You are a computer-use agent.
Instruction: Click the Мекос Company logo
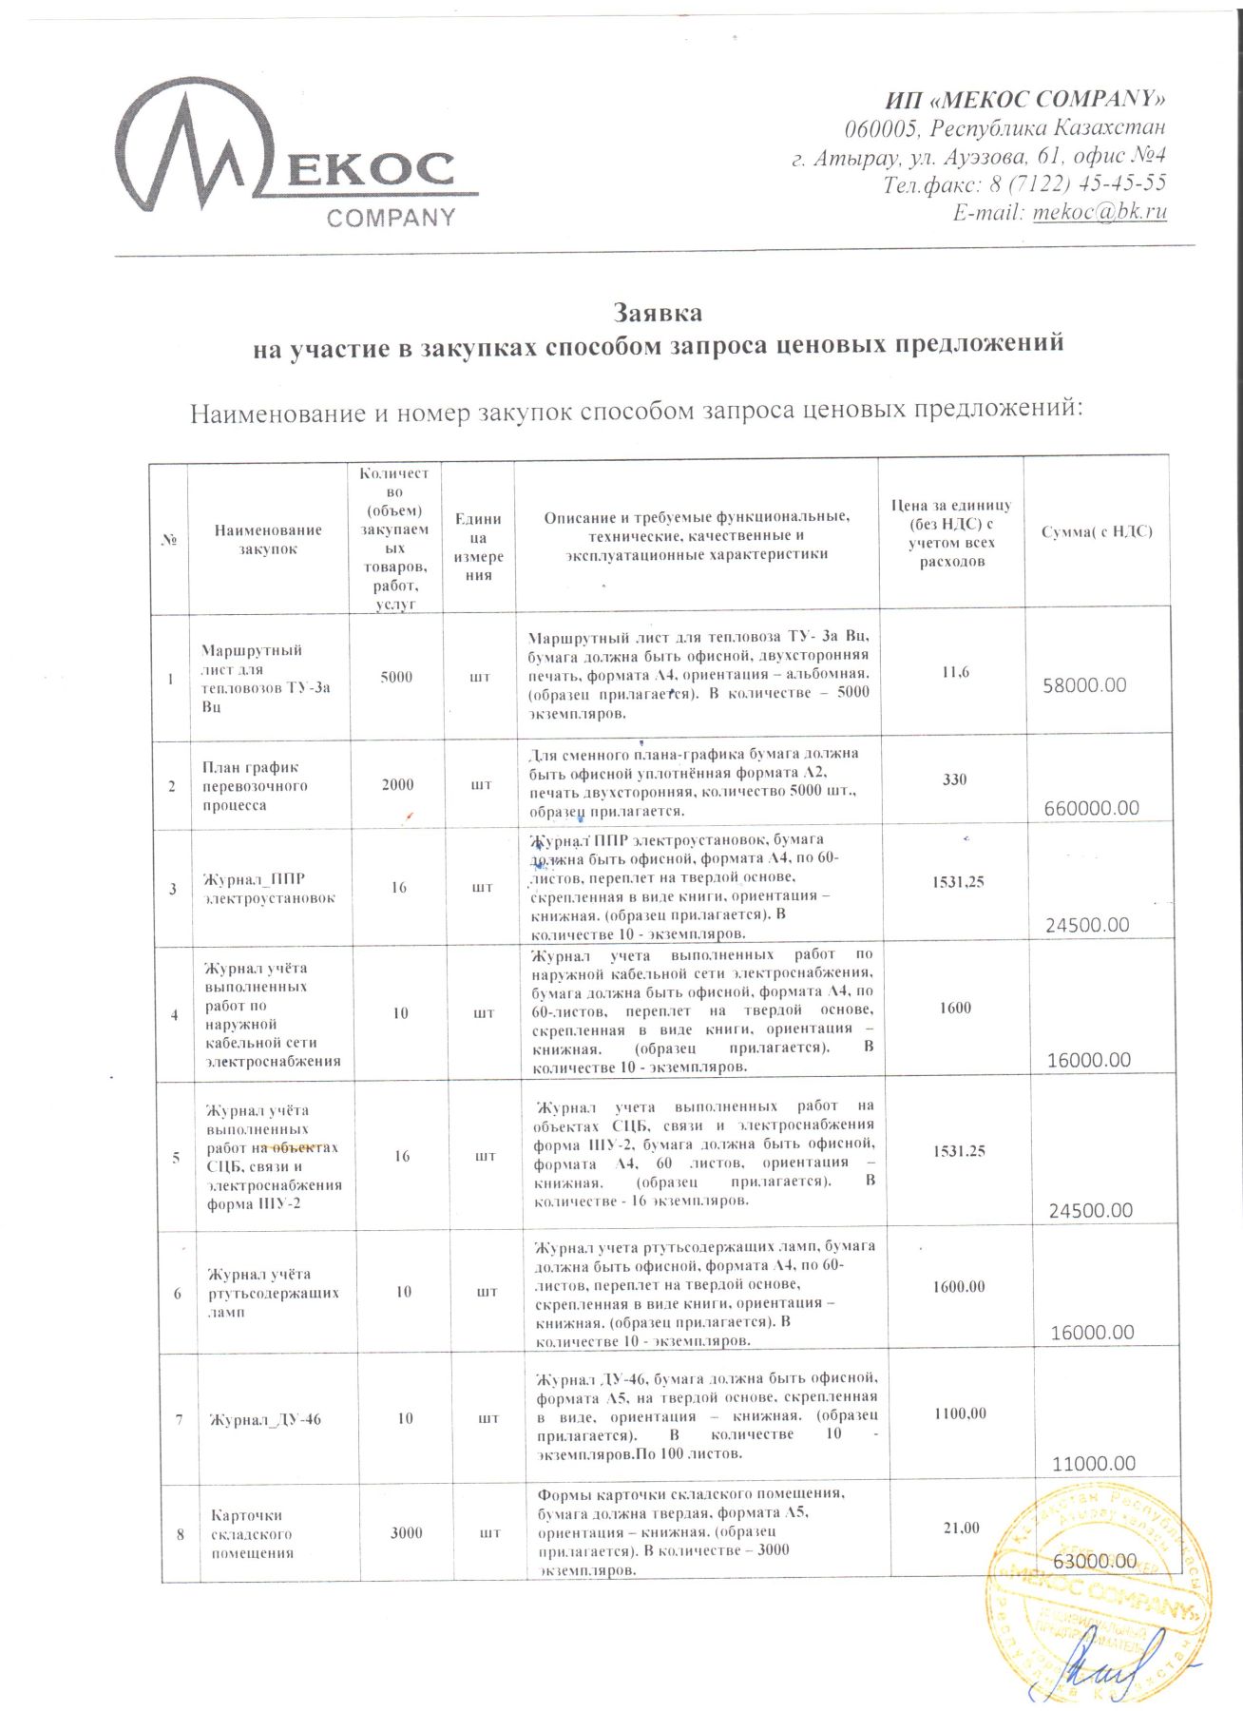[x=295, y=154]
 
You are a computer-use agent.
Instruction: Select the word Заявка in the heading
[x=658, y=313]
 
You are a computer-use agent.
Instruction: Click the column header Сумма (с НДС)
[x=1097, y=531]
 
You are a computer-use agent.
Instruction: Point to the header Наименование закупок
[x=268, y=539]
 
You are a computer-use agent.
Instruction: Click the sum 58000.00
[x=1084, y=685]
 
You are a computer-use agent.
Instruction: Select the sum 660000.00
[x=1091, y=808]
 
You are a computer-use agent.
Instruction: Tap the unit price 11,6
[x=955, y=672]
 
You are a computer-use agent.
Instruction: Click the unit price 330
[x=954, y=779]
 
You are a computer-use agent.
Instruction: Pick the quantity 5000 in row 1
[x=396, y=677]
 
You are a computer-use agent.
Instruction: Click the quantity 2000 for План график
[x=397, y=784]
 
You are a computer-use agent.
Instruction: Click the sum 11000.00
[x=1094, y=1464]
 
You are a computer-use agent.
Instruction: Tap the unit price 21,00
[x=960, y=1528]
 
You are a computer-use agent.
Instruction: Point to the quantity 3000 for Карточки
[x=407, y=1532]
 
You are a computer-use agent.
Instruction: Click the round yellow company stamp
[x=1098, y=1583]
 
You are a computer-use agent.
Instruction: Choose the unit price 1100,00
[x=959, y=1413]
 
